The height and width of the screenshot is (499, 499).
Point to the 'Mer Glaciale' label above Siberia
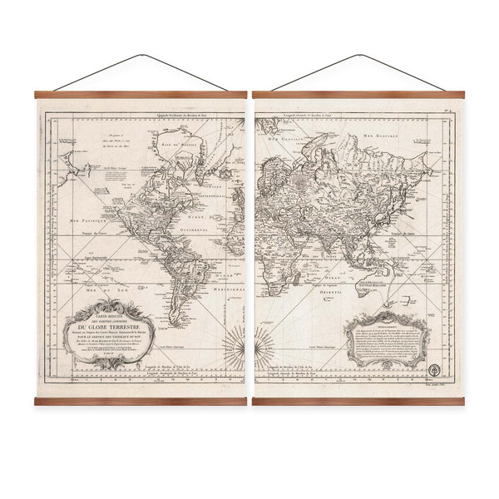pos(416,142)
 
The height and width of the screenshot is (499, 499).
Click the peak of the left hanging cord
pos(139,56)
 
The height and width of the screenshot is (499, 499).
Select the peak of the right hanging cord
pos(358,56)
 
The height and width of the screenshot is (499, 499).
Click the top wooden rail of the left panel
pos(140,95)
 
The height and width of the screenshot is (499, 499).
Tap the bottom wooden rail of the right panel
pos(358,401)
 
